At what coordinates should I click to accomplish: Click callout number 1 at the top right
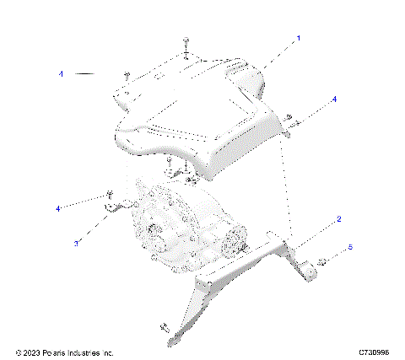[297, 39]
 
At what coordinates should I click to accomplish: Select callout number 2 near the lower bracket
[339, 220]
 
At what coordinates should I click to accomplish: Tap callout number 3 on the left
[77, 243]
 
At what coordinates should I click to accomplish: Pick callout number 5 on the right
[351, 248]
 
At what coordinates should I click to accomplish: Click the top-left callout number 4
[61, 74]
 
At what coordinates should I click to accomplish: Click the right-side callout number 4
[334, 99]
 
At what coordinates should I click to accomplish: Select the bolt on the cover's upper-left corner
[125, 76]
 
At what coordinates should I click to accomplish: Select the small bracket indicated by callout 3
[115, 206]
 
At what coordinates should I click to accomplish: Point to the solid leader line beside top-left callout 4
[85, 74]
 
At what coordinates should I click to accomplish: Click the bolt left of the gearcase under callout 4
[110, 195]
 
